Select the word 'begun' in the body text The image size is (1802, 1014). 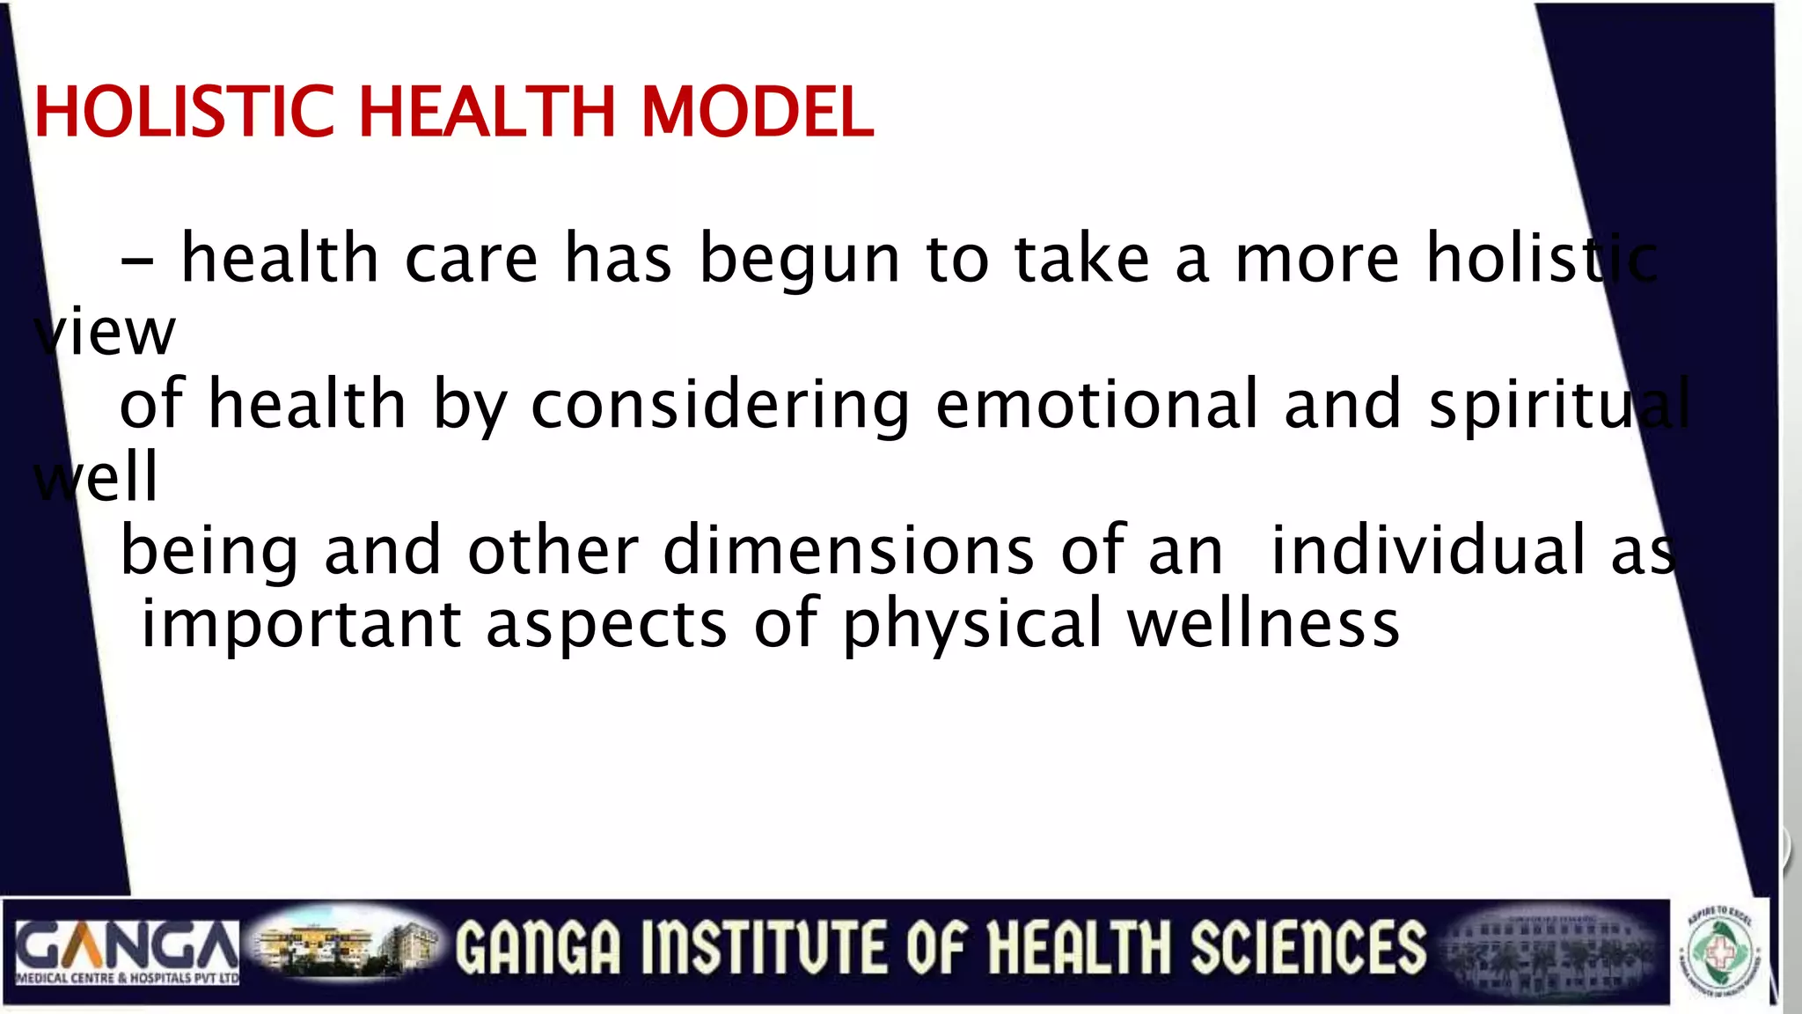pyautogui.click(x=799, y=260)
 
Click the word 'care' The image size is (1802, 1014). pyautogui.click(x=471, y=260)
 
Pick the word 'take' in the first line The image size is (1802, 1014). pyautogui.click(x=1081, y=258)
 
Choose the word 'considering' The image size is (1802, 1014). pyautogui.click(x=720, y=406)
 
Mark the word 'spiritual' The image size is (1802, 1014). pyautogui.click(x=1558, y=406)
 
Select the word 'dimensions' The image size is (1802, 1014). pyautogui.click(x=848, y=550)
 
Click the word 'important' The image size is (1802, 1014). pyautogui.click(x=301, y=624)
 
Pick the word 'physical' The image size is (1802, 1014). pyautogui.click(x=972, y=624)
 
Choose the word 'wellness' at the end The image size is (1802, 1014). pyautogui.click(x=1264, y=624)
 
